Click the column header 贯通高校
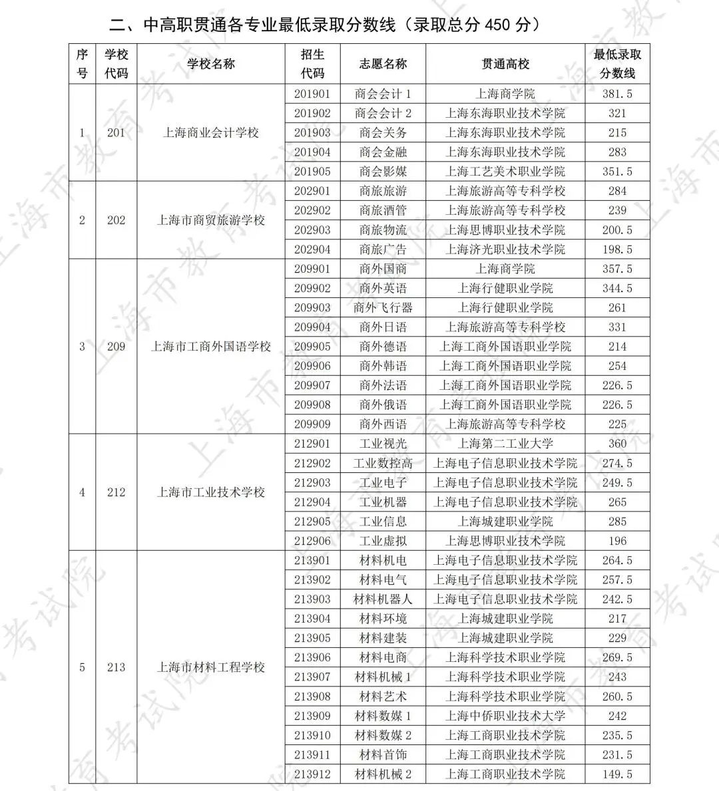(505, 64)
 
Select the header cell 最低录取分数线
(617, 64)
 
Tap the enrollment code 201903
(312, 133)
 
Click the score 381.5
(617, 94)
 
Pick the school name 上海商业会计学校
(211, 133)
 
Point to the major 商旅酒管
(383, 210)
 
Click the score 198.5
(617, 249)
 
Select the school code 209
(116, 347)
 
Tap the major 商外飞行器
(383, 308)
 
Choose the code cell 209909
(312, 424)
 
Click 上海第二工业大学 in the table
(505, 444)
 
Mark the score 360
(617, 444)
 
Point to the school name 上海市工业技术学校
(211, 493)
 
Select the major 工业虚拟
(383, 541)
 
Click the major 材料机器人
(383, 599)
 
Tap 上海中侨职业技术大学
(505, 716)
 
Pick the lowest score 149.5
(617, 774)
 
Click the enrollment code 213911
(312, 755)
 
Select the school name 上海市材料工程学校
(211, 667)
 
